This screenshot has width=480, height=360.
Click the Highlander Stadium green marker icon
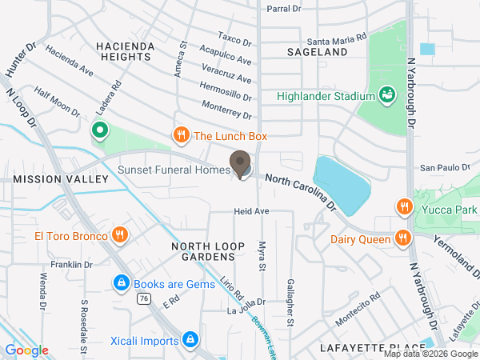[387, 96]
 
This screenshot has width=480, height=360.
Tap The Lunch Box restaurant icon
[182, 136]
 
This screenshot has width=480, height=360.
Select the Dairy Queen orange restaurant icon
[402, 238]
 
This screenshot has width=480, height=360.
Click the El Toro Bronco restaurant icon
[119, 234]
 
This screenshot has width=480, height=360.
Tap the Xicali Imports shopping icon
[190, 341]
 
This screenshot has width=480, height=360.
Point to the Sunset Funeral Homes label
[173, 170]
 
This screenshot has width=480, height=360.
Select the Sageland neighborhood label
[318, 52]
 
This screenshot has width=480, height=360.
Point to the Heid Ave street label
[250, 211]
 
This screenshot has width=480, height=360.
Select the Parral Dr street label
[283, 9]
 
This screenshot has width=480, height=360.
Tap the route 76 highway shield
[143, 298]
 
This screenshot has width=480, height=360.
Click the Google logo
[26, 350]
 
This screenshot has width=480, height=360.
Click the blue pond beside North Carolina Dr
[342, 182]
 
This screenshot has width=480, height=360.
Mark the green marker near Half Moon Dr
[100, 130]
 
